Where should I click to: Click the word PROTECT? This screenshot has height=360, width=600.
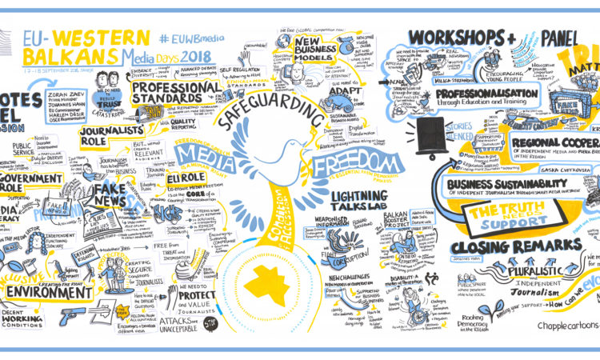point(197,294)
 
